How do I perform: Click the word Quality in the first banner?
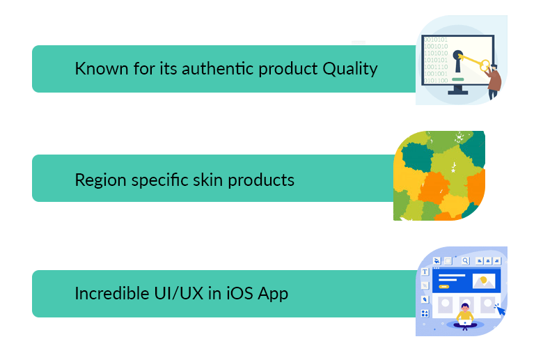pyautogui.click(x=349, y=69)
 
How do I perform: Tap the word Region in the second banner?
pyautogui.click(x=100, y=180)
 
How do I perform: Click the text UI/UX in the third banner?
pyautogui.click(x=179, y=293)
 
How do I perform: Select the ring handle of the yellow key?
pyautogui.click(x=485, y=66)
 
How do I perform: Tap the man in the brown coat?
pyautogui.click(x=493, y=82)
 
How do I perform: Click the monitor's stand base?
pyautogui.click(x=458, y=92)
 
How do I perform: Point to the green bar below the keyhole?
pyautogui.click(x=458, y=79)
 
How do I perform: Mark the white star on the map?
pyautogui.click(x=453, y=171)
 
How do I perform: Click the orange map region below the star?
pyautogui.click(x=434, y=188)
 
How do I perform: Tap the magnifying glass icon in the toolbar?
pyautogui.click(x=466, y=261)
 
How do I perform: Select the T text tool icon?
pyautogui.click(x=425, y=272)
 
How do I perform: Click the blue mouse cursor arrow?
pyautogui.click(x=501, y=310)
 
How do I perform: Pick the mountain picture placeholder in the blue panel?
pyautogui.click(x=484, y=281)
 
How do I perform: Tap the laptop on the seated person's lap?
pyautogui.click(x=465, y=324)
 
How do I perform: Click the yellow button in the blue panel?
pyautogui.click(x=444, y=287)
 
